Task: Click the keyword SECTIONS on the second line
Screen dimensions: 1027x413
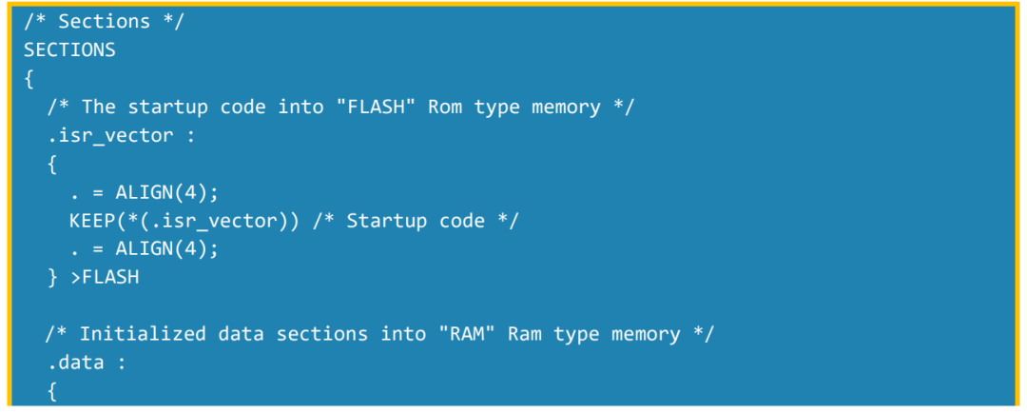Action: pos(69,49)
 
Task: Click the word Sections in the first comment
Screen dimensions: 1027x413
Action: pos(105,22)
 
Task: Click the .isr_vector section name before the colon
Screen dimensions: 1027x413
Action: pos(110,136)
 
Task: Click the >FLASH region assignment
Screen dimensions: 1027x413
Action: pos(105,277)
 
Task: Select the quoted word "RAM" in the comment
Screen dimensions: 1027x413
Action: pos(466,334)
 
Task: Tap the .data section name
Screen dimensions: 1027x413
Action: pos(75,363)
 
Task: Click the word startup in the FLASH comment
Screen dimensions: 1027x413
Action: pos(173,108)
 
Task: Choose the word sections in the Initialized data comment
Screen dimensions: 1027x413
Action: pos(321,334)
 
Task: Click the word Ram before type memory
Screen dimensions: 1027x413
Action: pos(525,334)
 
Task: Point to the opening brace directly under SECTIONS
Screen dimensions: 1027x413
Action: pos(29,79)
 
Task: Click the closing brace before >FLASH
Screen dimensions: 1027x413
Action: pos(52,278)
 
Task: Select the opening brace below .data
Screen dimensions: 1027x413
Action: pos(52,392)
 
